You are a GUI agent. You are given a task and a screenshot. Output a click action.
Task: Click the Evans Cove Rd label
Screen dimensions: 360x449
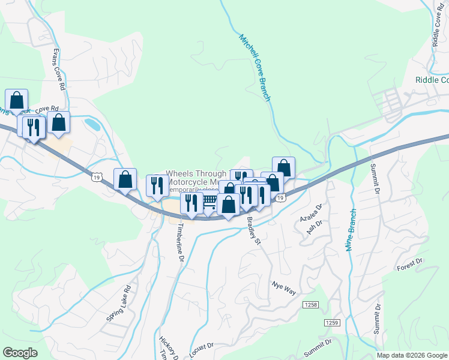(x=59, y=69)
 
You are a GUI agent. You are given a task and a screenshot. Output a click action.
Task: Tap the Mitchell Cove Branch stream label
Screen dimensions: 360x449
(x=256, y=67)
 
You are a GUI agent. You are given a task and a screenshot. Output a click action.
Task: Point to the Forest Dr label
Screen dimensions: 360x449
(x=410, y=265)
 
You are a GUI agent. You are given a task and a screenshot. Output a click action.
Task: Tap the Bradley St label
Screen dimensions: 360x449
(x=253, y=230)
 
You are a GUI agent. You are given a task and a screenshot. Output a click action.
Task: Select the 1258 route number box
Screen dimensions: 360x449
(x=310, y=306)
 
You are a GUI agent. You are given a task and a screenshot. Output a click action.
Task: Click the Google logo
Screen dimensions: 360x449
(x=20, y=353)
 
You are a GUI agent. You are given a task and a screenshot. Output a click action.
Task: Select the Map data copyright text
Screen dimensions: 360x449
(x=412, y=355)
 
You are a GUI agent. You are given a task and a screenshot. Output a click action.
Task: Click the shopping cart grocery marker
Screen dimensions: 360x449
(x=209, y=201)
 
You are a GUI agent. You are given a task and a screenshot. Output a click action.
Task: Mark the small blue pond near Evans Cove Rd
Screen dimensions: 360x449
(x=92, y=124)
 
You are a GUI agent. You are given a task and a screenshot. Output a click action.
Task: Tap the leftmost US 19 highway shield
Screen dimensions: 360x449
(x=96, y=176)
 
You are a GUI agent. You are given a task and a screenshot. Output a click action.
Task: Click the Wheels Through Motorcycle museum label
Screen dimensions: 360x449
(x=195, y=177)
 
